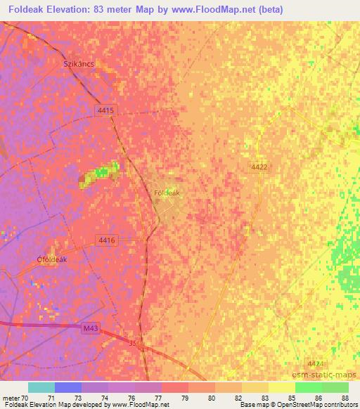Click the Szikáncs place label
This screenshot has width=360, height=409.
(x=79, y=63)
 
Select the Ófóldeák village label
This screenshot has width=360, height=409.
(x=52, y=259)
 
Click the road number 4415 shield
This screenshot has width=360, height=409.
(x=105, y=110)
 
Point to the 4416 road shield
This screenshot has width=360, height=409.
(x=107, y=240)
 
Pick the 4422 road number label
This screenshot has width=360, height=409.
(x=259, y=167)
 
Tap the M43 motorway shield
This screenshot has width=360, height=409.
(x=88, y=329)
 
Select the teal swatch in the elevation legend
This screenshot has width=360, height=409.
(x=41, y=387)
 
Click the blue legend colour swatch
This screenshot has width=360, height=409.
(x=68, y=387)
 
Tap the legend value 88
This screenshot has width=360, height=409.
(x=344, y=398)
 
